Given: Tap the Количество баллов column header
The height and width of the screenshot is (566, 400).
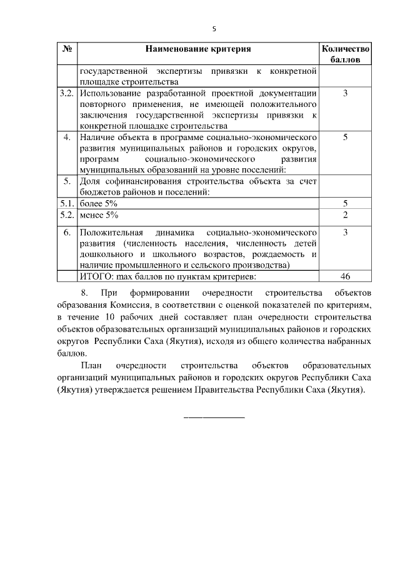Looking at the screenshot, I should (346, 54).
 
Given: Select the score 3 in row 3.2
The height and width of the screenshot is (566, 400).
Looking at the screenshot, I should (346, 93).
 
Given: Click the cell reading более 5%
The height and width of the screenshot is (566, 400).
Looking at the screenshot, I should (99, 204).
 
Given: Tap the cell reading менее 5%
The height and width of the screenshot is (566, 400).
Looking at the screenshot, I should (99, 215).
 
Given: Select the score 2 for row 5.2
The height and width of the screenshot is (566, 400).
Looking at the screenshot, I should (346, 215).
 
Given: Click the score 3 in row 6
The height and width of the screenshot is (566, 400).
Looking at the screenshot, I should (346, 232).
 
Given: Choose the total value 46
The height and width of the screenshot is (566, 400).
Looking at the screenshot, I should (346, 276).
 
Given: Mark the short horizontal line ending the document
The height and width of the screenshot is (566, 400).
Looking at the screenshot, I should (213, 417).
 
